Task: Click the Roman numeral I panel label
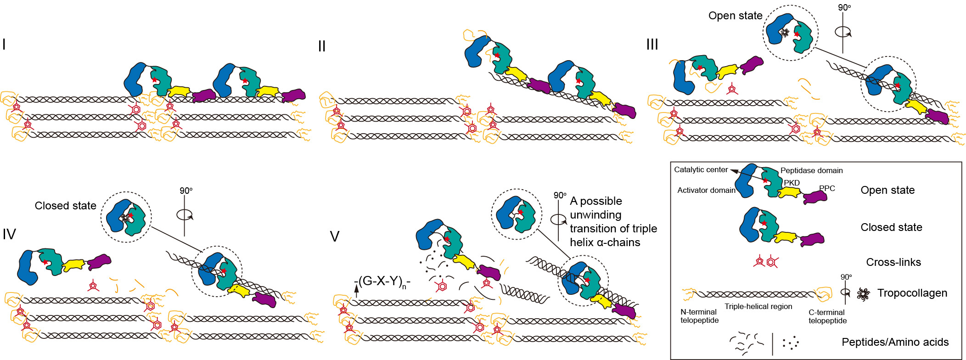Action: (x=4, y=45)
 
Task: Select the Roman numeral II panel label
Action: (x=322, y=46)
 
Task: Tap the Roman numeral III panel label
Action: (x=652, y=45)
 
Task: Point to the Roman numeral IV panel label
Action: (x=9, y=234)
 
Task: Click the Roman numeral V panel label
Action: (x=335, y=236)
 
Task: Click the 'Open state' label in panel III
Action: (x=735, y=16)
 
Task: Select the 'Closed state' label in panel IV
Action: (x=66, y=206)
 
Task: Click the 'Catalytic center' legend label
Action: (x=701, y=170)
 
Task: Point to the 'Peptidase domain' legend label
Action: (x=811, y=170)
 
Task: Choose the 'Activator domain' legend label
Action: (x=706, y=190)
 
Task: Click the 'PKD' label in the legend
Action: (x=792, y=183)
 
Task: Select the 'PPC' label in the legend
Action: (x=827, y=188)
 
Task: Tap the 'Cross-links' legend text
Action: (x=893, y=262)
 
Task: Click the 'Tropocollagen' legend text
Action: (x=912, y=293)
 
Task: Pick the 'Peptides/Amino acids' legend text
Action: (x=895, y=342)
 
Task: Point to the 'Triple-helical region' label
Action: (x=758, y=307)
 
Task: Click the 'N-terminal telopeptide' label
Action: (x=699, y=316)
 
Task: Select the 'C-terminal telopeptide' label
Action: (x=827, y=316)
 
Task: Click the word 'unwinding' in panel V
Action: (x=595, y=215)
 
